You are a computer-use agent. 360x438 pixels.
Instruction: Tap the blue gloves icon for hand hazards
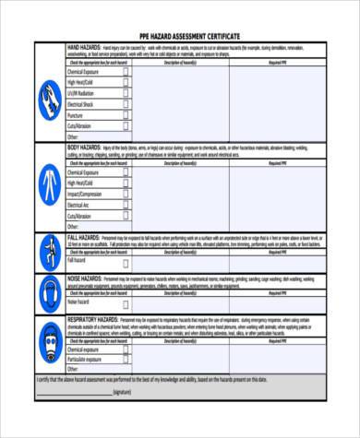point(50,95)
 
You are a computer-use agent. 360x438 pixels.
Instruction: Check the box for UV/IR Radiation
point(127,92)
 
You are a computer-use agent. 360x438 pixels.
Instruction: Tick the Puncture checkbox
point(127,114)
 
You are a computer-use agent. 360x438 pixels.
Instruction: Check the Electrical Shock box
point(127,103)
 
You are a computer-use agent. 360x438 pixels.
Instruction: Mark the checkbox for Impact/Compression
point(127,194)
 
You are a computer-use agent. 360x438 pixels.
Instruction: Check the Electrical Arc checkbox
point(127,205)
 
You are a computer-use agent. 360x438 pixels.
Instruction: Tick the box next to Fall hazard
point(127,259)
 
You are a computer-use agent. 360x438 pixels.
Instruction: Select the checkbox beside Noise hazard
point(127,302)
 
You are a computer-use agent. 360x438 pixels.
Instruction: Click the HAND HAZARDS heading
point(85,44)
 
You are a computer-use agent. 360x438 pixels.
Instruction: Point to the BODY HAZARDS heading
point(85,147)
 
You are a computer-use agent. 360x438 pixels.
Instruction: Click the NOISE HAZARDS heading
point(86,277)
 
